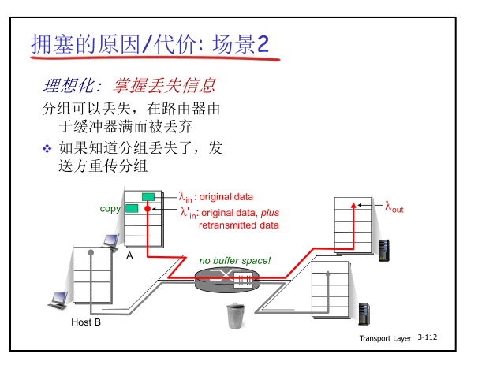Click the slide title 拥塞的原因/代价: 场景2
coord(150,44)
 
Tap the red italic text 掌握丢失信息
coord(166,85)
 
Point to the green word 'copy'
coord(110,209)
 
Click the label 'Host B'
coord(86,322)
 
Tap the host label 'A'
coord(129,255)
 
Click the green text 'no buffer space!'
coord(234,260)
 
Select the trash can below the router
coord(235,315)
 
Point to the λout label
coord(394,207)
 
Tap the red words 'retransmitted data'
coord(238,225)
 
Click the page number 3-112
coord(428,337)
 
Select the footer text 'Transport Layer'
coord(385,337)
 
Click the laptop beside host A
coord(111,240)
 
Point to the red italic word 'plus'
coord(270,213)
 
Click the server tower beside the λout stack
coord(385,249)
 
